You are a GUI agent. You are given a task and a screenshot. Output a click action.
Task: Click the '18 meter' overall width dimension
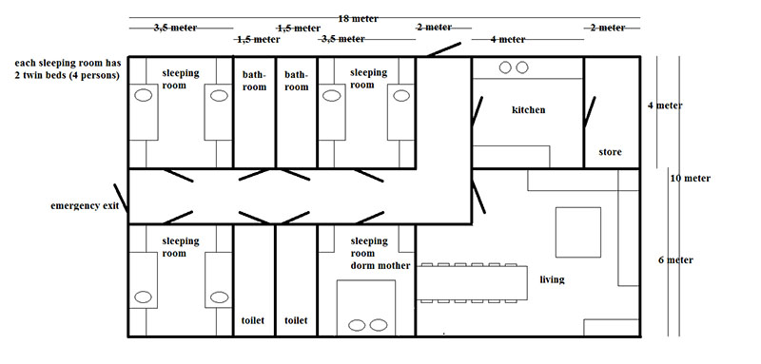click(359, 19)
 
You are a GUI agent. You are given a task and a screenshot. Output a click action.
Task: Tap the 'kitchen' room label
click(529, 110)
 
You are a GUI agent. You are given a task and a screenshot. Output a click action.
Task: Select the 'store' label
click(610, 152)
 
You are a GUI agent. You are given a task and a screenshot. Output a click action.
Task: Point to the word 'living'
click(553, 279)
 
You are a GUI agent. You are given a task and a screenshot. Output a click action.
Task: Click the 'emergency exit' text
click(85, 206)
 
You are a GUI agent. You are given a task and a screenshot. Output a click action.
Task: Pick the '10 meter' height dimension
click(691, 179)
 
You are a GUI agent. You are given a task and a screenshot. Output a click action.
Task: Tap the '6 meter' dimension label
click(675, 260)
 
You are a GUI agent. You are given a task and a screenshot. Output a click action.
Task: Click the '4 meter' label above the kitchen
click(508, 40)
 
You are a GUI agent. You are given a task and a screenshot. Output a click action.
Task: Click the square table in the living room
click(578, 232)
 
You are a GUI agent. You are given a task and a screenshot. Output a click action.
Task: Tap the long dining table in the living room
click(472, 282)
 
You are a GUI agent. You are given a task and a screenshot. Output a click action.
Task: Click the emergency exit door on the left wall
click(121, 198)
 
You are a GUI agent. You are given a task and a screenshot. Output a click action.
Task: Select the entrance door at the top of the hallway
click(444, 49)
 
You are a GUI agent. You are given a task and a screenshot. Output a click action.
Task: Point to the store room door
click(590, 112)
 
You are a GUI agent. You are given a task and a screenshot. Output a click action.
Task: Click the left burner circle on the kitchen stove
click(505, 67)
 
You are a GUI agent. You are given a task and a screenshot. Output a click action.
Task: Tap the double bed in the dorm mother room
click(366, 308)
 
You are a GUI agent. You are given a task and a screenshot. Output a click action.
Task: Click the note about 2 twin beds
click(68, 69)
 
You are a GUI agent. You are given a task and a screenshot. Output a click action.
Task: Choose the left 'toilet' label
click(253, 320)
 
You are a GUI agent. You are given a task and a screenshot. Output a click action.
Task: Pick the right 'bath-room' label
click(296, 81)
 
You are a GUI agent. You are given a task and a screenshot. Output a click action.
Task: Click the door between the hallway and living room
click(478, 197)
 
